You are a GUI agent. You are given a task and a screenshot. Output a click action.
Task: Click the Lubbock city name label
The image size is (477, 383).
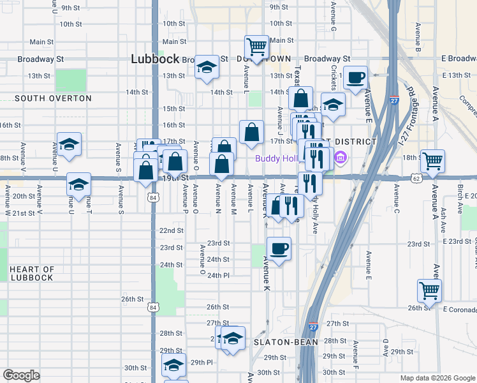point(155,58)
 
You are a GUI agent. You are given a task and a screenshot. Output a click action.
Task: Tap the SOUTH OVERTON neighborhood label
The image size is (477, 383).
point(53,98)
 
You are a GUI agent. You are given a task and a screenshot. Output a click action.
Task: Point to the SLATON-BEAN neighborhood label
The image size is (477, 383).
point(283,342)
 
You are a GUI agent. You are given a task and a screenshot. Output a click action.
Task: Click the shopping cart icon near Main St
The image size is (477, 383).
point(256,47)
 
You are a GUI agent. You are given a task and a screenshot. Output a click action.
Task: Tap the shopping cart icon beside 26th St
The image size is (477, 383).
point(430,290)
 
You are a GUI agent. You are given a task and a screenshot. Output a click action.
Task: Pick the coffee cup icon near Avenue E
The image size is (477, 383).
point(356,78)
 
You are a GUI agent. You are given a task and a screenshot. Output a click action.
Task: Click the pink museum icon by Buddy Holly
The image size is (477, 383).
point(341,157)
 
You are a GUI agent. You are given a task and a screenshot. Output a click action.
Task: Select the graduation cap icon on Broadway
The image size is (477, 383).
point(207,67)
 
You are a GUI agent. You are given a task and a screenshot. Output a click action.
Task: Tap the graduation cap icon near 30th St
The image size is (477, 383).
point(173,366)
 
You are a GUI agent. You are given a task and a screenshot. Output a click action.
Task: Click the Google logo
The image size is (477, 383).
point(21,375)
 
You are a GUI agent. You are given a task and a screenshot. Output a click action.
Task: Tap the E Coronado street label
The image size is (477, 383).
point(459,309)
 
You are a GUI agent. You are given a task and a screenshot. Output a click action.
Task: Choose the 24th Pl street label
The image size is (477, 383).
point(218,275)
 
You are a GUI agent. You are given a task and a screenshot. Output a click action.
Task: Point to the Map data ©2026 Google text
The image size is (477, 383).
point(437,378)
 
